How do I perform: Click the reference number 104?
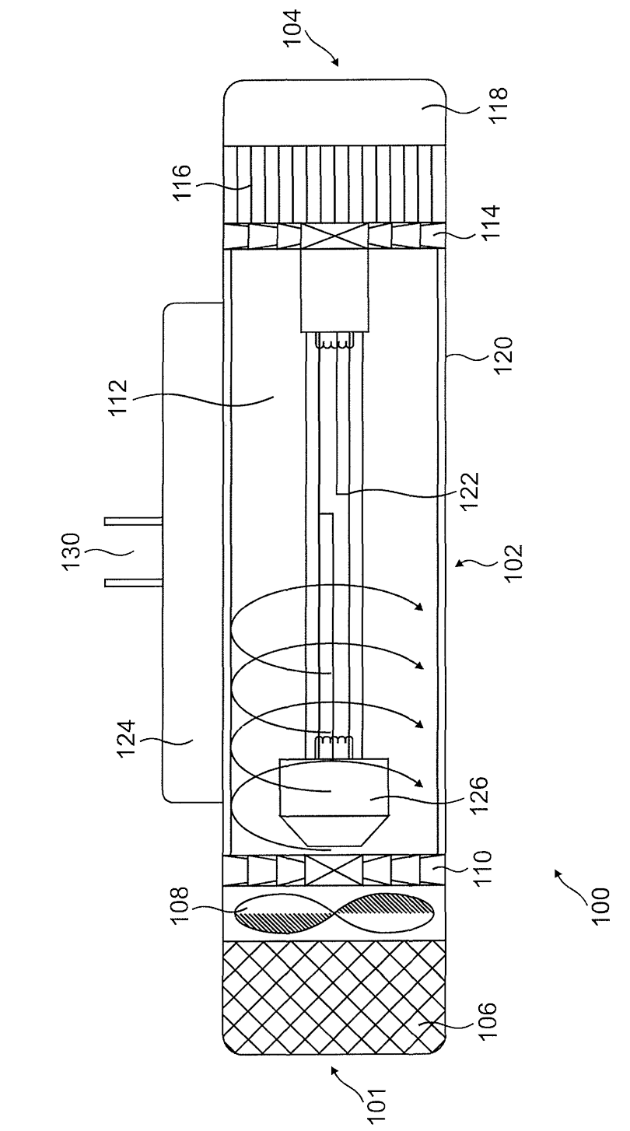pos(293,28)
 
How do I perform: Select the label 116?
pos(184,183)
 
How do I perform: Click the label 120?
pos(503,355)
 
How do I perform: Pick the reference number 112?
pos(120,397)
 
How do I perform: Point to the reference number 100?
pos(601,905)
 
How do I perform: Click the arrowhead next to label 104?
pos(334,62)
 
